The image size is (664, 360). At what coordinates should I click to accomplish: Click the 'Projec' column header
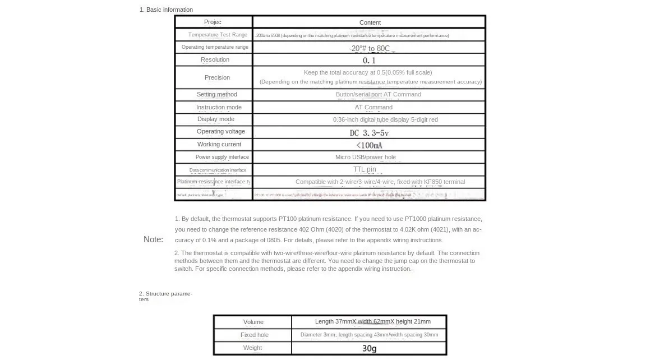213,22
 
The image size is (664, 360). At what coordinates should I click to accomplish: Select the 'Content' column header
370,23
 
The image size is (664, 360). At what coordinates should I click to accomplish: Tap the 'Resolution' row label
215,60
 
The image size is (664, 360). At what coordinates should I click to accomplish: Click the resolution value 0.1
369,61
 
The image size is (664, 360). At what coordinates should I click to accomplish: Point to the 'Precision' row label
217,77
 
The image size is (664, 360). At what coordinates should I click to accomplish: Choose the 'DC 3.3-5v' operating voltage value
369,133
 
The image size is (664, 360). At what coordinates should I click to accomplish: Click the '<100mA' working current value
369,145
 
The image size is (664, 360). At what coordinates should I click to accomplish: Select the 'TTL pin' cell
365,169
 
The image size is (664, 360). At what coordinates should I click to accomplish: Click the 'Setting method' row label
216,94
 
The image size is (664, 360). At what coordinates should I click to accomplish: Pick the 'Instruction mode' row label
219,107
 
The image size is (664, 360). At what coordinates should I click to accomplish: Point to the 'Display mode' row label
216,119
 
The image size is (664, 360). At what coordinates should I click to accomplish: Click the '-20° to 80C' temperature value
369,48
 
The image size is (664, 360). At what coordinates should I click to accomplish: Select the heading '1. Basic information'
166,10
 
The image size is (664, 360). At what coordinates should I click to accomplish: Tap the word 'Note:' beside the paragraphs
153,239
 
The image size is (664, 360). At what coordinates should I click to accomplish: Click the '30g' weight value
369,348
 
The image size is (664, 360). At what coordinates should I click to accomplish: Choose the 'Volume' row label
253,322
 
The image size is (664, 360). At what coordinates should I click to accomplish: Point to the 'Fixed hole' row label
255,335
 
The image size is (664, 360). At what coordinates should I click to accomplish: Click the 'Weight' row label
252,348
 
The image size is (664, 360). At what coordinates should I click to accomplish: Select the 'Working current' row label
219,144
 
